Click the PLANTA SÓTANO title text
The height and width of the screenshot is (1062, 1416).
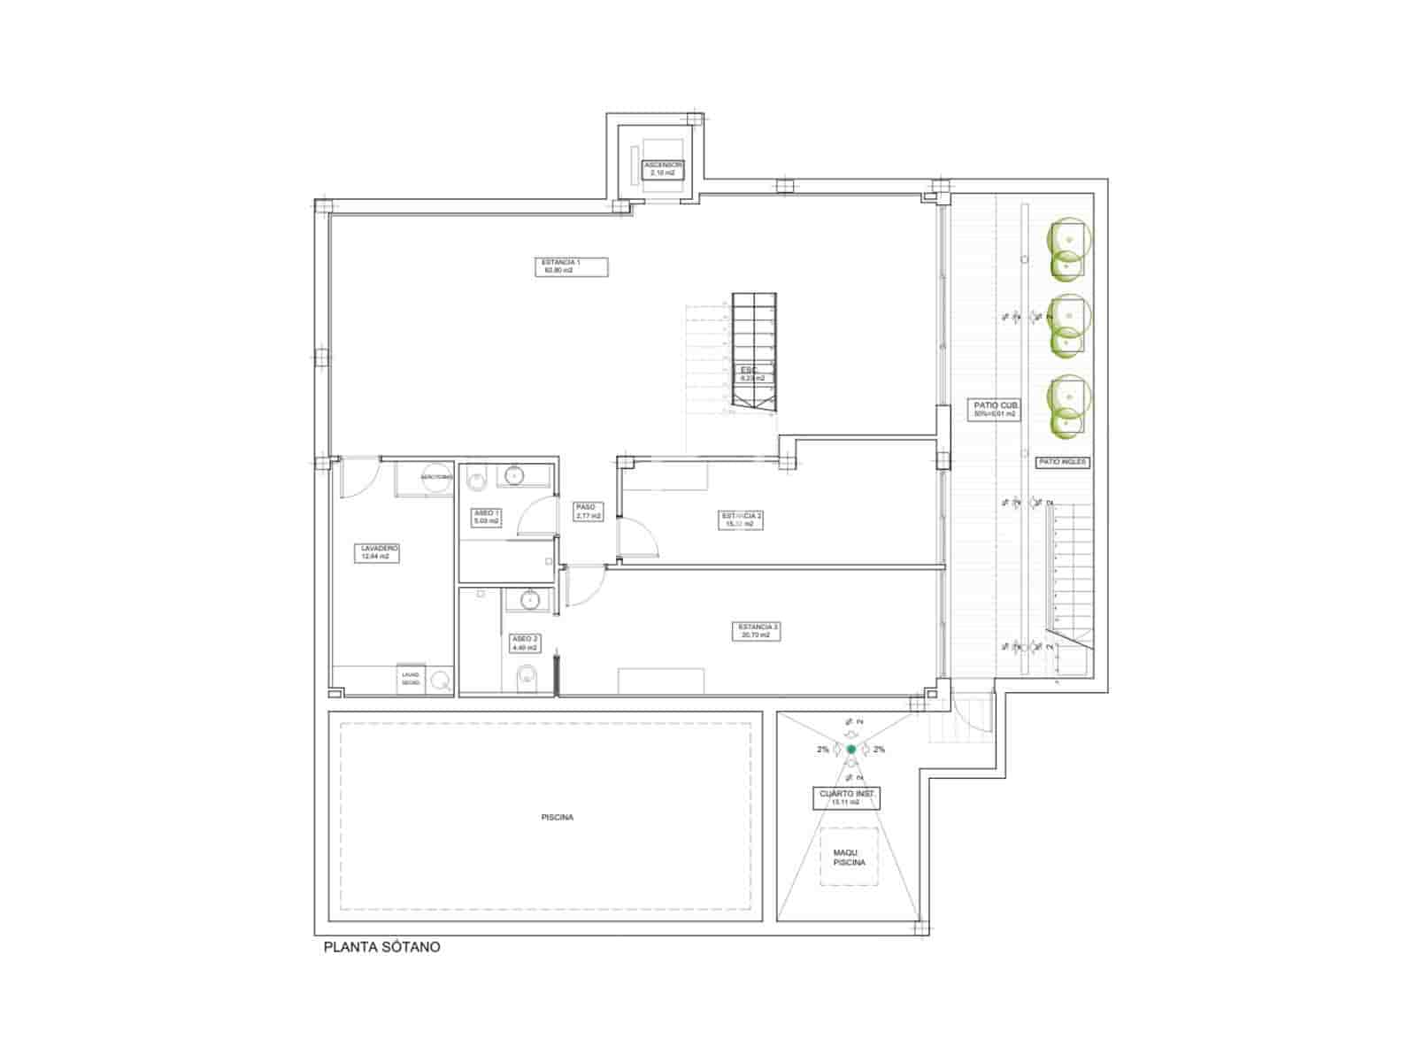[x=381, y=947]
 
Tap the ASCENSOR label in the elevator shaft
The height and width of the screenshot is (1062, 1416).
[x=663, y=168]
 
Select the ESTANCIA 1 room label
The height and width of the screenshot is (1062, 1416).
[x=572, y=265]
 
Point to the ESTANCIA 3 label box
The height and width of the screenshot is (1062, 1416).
[x=757, y=631]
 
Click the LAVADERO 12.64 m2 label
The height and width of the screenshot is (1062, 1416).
[x=379, y=553]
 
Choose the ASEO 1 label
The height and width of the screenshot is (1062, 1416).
[x=487, y=517]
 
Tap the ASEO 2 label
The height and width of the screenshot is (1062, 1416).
[x=524, y=643]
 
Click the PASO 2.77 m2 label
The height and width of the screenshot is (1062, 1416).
[x=588, y=512]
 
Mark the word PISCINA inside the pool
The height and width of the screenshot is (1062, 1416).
[x=557, y=817]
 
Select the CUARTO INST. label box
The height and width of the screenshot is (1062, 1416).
[x=846, y=798]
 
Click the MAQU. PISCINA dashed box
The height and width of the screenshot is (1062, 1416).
[x=849, y=857]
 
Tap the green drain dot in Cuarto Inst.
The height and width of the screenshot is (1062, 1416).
[x=851, y=749]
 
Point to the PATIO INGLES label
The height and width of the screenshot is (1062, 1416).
[x=1062, y=462]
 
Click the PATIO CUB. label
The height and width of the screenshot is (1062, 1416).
[x=994, y=409]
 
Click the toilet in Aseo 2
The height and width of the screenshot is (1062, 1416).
[x=527, y=680]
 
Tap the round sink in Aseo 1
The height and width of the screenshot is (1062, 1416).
[x=512, y=476]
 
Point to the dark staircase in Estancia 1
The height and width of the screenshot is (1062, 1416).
[x=753, y=352]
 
